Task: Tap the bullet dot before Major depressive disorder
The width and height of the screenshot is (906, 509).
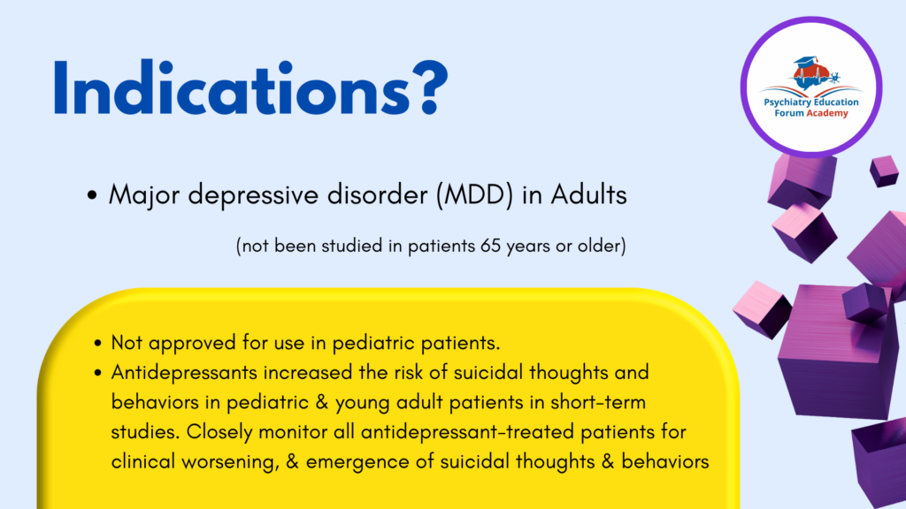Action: pyautogui.click(x=92, y=195)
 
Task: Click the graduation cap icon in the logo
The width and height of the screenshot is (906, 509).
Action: pyautogui.click(x=804, y=64)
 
